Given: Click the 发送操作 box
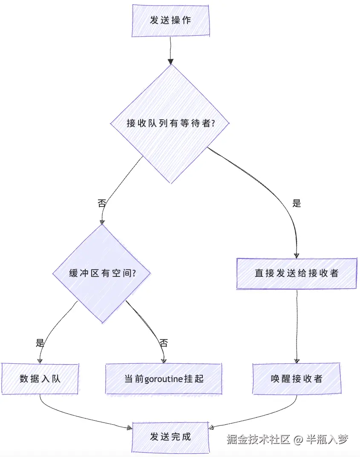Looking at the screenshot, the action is click(170, 20).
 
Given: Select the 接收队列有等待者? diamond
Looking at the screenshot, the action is click(170, 124).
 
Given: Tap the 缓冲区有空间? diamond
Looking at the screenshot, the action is click(102, 273).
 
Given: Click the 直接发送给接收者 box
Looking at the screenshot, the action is click(297, 273).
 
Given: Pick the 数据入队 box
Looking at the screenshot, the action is click(40, 379).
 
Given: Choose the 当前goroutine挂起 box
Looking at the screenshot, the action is click(164, 379).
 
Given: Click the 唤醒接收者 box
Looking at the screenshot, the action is click(297, 379).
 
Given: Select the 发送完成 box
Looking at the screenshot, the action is click(170, 437).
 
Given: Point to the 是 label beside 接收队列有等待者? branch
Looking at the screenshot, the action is click(297, 203).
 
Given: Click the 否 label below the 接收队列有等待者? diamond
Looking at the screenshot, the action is click(102, 203).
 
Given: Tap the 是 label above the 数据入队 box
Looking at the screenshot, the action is click(40, 343).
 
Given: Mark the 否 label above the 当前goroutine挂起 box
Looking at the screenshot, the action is click(164, 343).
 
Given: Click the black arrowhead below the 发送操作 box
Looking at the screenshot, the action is click(170, 61).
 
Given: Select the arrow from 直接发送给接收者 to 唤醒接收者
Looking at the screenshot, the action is click(297, 326).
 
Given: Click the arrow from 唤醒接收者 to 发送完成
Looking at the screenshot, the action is click(256, 417).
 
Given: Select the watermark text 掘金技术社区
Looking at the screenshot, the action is click(259, 439).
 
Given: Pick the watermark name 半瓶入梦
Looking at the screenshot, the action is click(327, 439).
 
